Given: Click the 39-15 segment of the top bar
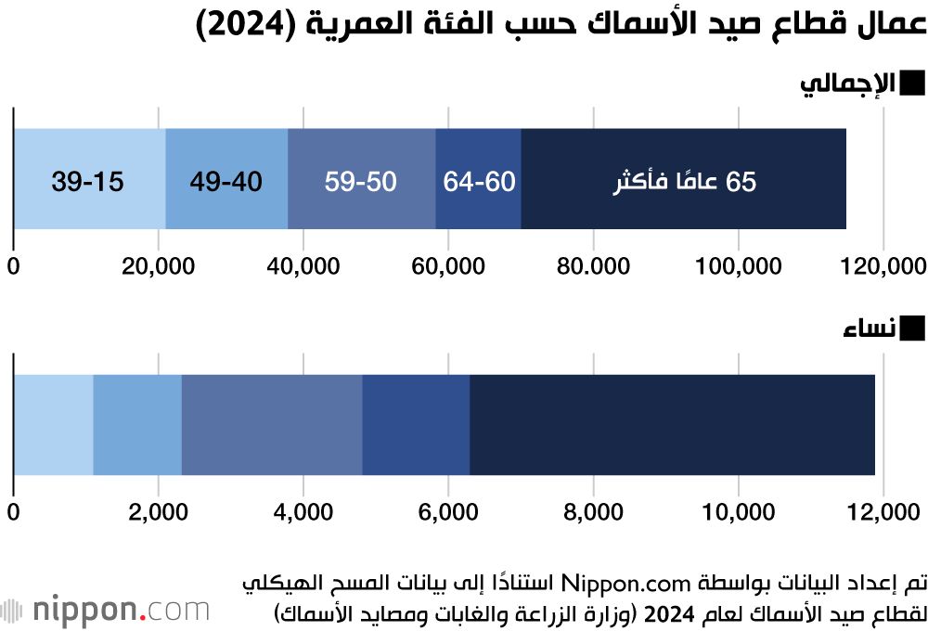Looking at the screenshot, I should [x=89, y=179].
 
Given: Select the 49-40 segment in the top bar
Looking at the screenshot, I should [x=226, y=179].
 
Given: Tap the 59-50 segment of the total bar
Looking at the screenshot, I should [x=361, y=179].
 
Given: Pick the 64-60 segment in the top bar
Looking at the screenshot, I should [x=479, y=179].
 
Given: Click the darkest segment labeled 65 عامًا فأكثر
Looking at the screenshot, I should [x=684, y=179].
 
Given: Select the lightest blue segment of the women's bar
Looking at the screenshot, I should [x=53, y=425].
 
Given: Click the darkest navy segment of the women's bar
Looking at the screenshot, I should [x=672, y=425].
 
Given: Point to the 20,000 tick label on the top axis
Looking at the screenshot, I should [x=159, y=265].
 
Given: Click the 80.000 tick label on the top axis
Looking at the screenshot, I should [x=593, y=265].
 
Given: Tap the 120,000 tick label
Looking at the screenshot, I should [x=883, y=265].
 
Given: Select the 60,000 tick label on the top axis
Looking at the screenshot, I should [x=448, y=265].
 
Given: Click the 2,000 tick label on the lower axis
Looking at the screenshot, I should [x=159, y=511].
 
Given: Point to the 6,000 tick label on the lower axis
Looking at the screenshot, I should [x=448, y=511].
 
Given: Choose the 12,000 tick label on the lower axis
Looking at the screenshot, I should [x=883, y=511].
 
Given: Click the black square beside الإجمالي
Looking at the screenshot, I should [x=912, y=84].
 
